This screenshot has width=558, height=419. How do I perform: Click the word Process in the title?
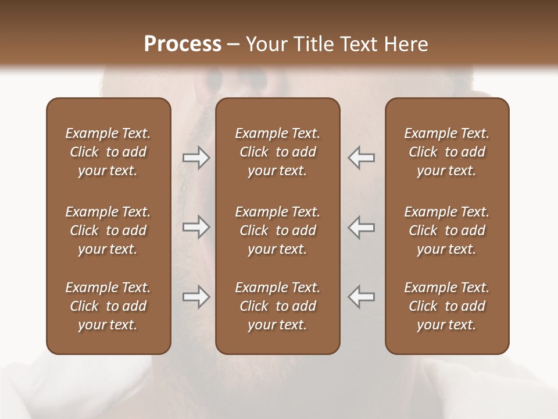click(x=183, y=44)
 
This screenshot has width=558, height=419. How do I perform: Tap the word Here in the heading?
click(x=406, y=44)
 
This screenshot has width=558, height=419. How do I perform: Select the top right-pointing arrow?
click(x=196, y=158)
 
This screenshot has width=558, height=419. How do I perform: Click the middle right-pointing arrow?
click(x=196, y=227)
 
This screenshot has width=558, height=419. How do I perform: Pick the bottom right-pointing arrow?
click(x=196, y=297)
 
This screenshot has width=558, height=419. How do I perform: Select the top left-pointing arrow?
click(x=361, y=158)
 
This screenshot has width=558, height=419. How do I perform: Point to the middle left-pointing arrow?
click(x=361, y=227)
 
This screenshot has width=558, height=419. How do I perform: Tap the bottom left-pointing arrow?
click(x=361, y=297)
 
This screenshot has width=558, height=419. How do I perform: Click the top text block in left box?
click(x=108, y=152)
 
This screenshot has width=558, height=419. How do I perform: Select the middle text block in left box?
click(x=108, y=230)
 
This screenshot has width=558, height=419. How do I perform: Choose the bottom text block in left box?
click(x=108, y=306)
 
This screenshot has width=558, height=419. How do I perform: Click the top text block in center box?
click(x=277, y=152)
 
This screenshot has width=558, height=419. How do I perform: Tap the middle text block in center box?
click(x=277, y=230)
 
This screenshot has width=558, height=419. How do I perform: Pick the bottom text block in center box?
click(x=277, y=306)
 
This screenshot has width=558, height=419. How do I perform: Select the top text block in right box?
click(x=446, y=152)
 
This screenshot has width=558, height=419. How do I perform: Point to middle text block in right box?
click(x=446, y=230)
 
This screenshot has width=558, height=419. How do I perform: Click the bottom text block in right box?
click(x=446, y=306)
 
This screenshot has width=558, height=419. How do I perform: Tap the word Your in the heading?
click(x=265, y=44)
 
